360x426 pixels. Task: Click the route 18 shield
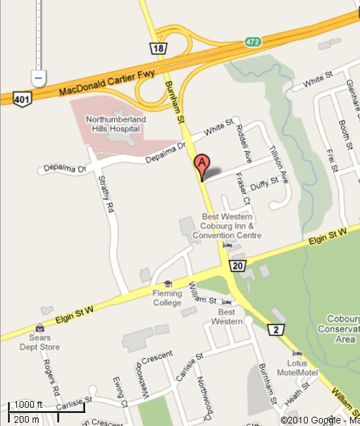point(157,48)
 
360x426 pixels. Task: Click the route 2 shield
point(277,330)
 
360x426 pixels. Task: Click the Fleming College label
point(167,298)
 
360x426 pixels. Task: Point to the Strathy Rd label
point(106,193)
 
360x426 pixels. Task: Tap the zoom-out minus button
point(39,78)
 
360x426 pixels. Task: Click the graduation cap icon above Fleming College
point(168,284)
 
